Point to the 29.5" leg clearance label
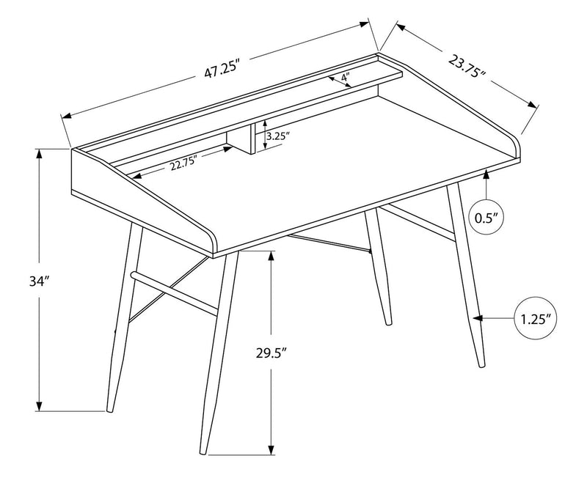(x=271, y=354)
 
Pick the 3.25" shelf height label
(x=278, y=136)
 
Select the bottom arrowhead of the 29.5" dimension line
(x=272, y=452)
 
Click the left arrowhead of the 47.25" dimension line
(x=65, y=115)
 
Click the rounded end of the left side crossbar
(x=133, y=274)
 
